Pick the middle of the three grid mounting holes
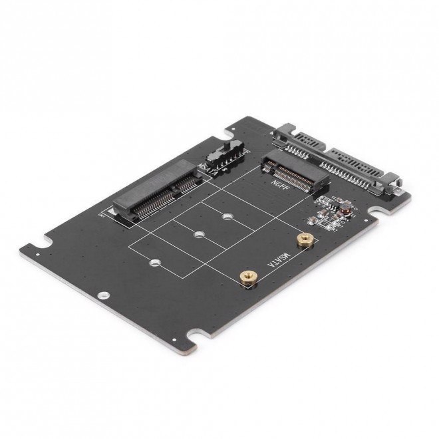coord(198,235)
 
